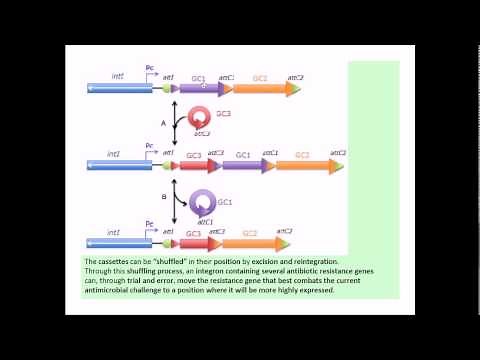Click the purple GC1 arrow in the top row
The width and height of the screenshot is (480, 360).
pyautogui.click(x=201, y=89)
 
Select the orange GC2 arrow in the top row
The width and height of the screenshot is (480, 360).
pyautogui.click(x=263, y=89)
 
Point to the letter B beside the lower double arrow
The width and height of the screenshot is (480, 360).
pyautogui.click(x=163, y=198)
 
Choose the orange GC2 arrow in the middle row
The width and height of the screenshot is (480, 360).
pyautogui.click(x=306, y=165)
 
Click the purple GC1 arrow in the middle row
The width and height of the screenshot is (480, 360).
pyautogui.click(x=246, y=165)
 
